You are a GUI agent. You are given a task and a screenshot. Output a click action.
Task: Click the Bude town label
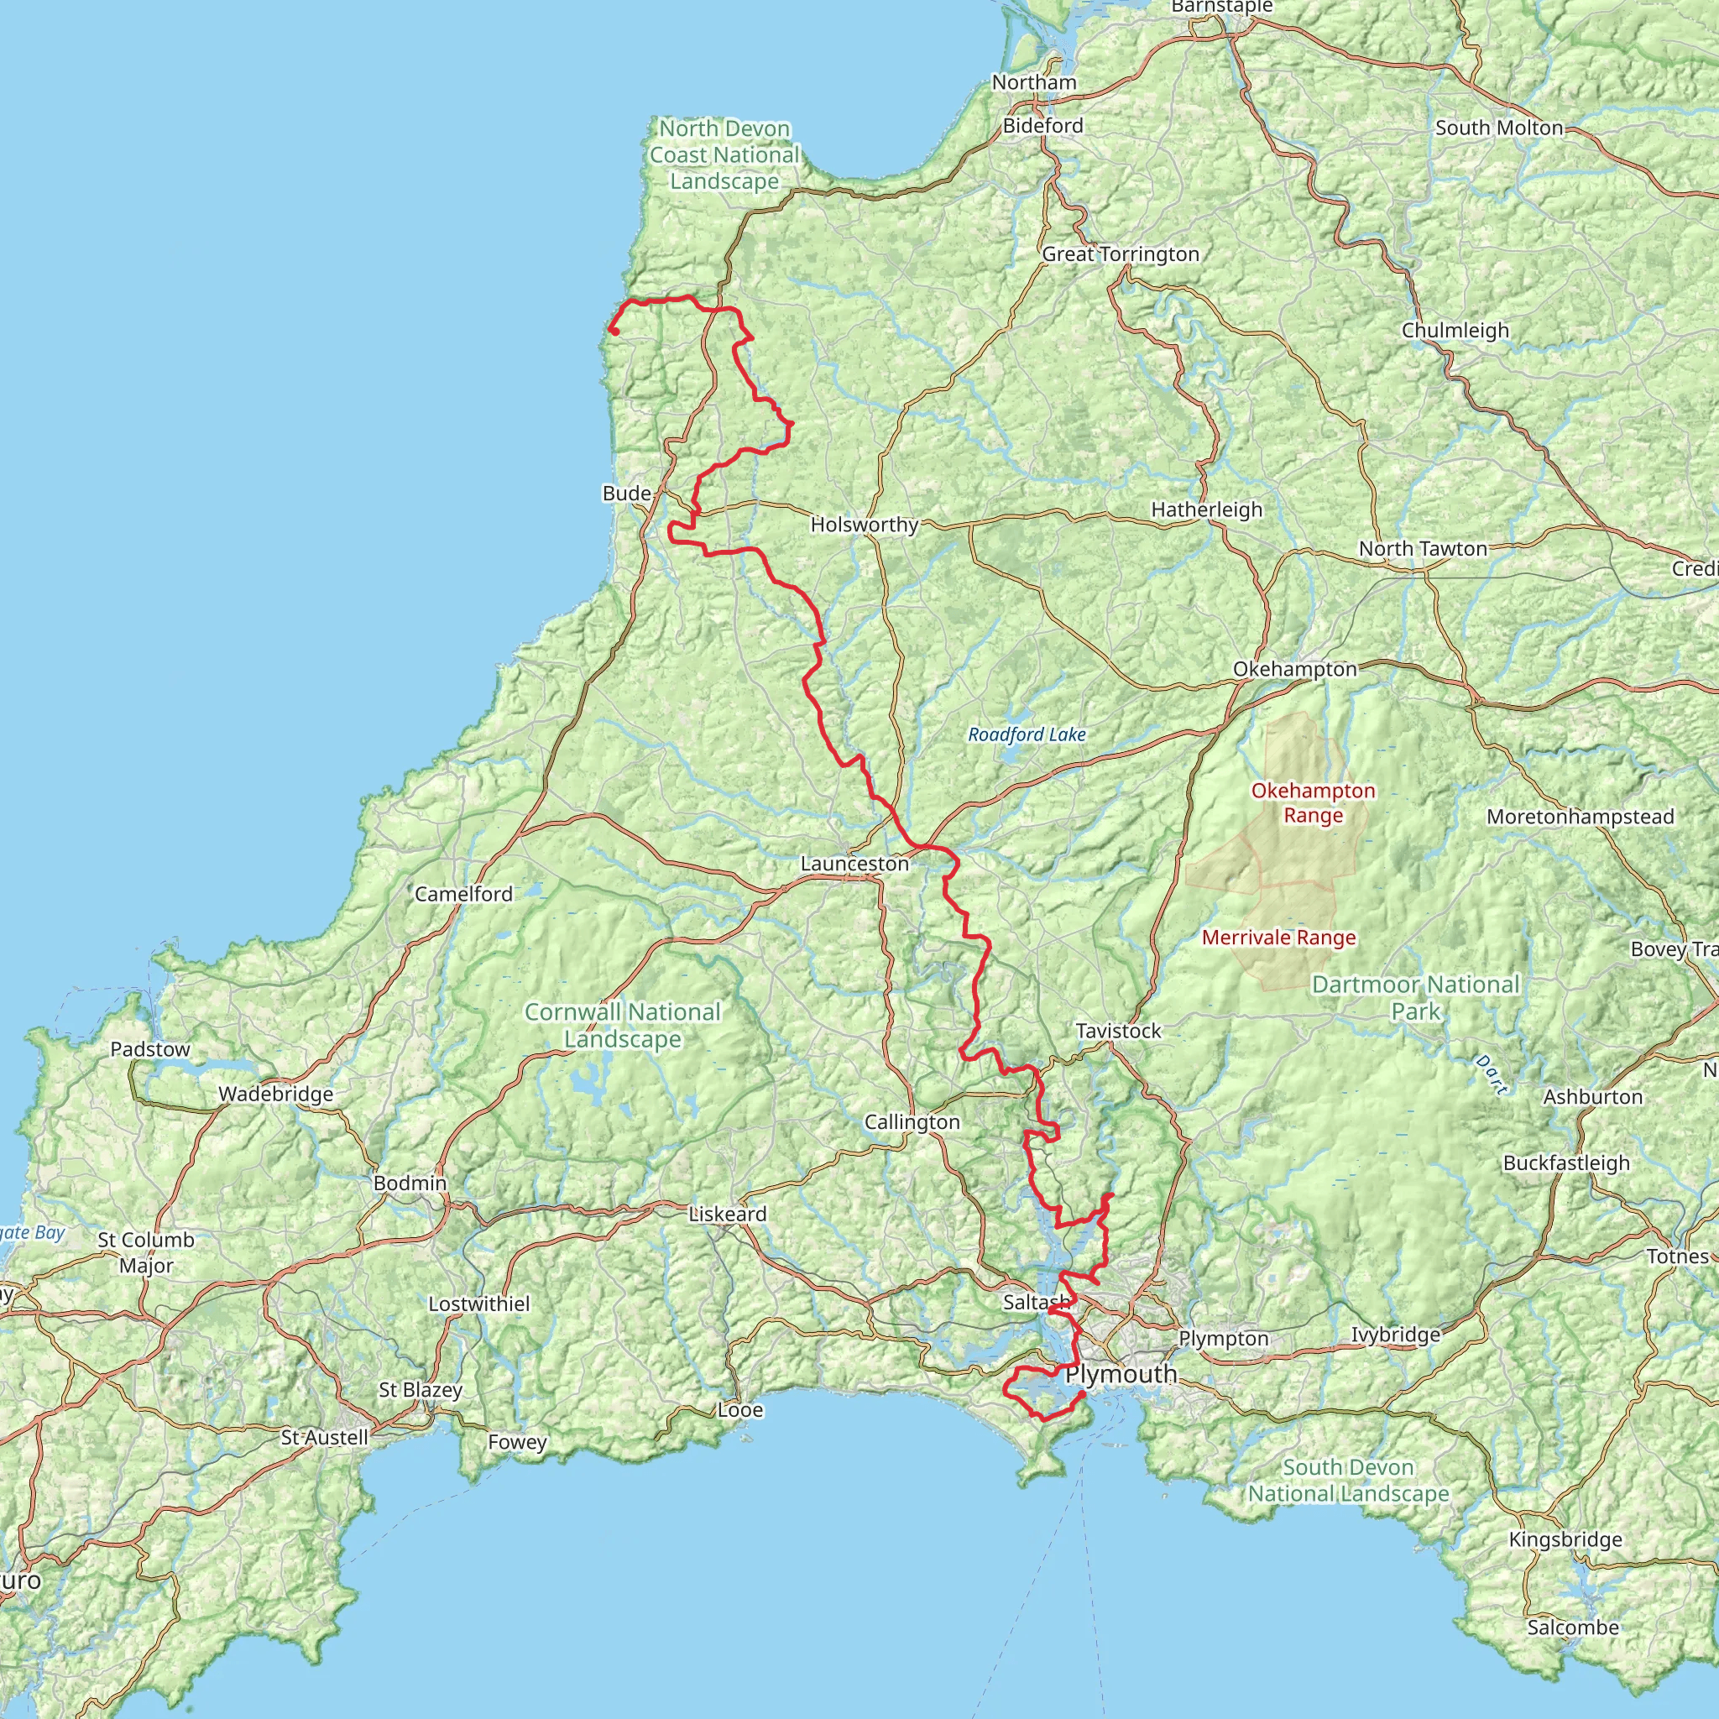(626, 493)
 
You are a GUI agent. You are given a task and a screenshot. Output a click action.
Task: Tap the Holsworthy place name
(864, 525)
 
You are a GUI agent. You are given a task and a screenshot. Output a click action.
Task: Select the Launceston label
(854, 864)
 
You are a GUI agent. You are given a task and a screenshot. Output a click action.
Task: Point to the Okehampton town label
(1294, 669)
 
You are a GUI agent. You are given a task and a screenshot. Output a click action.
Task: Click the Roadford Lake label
(1027, 735)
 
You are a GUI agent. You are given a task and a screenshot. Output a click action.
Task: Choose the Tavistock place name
(1118, 1032)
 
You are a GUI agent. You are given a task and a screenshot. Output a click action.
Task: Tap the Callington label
(912, 1123)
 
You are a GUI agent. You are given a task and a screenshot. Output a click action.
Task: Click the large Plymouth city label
(1121, 1375)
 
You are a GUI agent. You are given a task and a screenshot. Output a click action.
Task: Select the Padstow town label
(150, 1049)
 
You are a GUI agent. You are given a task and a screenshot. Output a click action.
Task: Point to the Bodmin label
(410, 1183)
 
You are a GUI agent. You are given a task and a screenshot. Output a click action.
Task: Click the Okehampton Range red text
(1313, 802)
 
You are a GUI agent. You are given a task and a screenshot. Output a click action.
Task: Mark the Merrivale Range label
(1278, 938)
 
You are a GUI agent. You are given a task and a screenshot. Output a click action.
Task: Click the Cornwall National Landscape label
(622, 1025)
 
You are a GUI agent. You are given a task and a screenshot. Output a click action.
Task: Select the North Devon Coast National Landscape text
(724, 154)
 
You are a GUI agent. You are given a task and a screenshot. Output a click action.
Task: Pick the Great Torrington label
(1121, 254)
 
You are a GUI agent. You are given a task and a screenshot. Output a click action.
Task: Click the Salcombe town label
(1573, 1628)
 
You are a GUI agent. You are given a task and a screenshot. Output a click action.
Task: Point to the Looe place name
(740, 1410)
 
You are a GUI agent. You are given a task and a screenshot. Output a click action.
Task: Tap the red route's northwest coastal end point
(614, 332)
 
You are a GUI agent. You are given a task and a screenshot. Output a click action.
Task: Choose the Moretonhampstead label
(1581, 817)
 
